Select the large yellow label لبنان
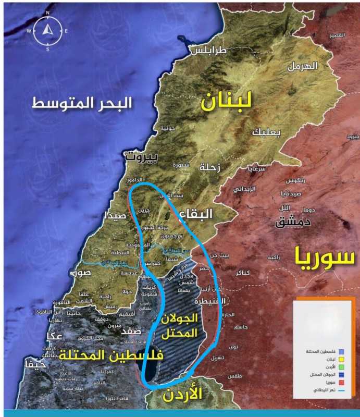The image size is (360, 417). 227,101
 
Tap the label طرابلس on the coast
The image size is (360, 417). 209,51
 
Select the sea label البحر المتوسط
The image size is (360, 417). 82,102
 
